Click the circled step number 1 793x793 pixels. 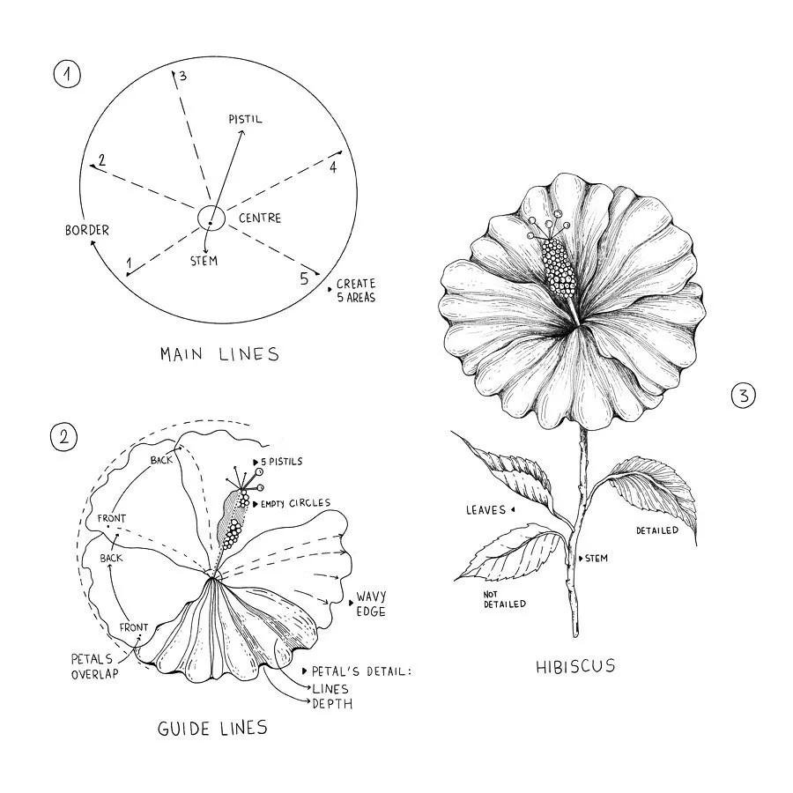(x=66, y=75)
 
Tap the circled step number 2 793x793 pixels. (x=64, y=437)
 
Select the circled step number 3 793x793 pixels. (x=744, y=396)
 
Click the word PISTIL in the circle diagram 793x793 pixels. (x=245, y=119)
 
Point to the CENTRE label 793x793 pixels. (x=259, y=218)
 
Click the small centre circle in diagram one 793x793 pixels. (x=211, y=218)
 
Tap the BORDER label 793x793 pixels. (x=87, y=230)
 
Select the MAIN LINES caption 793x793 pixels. (x=219, y=354)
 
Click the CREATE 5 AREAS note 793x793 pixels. (x=355, y=291)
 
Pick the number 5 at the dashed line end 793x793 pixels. (x=304, y=279)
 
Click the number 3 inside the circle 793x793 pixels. (x=182, y=77)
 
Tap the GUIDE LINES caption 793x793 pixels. (x=211, y=728)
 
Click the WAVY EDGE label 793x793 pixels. (x=371, y=604)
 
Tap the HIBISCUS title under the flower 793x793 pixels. (x=575, y=666)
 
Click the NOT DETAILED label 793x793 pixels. (x=504, y=599)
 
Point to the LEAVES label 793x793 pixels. (x=485, y=510)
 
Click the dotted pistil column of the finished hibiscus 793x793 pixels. (x=559, y=264)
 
